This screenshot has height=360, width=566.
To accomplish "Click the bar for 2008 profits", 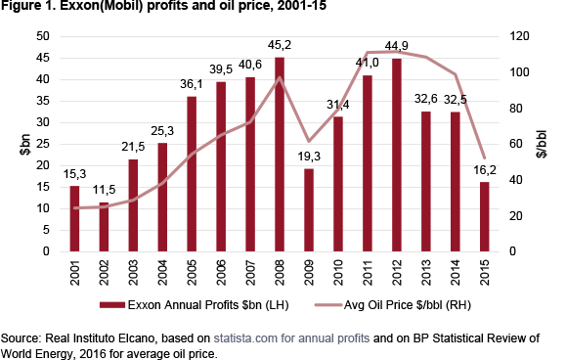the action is pos(280,155).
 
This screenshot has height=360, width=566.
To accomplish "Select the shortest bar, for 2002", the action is pos(104,227).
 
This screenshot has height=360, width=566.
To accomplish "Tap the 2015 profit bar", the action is pos(485,216).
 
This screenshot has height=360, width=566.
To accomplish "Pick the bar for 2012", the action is pos(396,155).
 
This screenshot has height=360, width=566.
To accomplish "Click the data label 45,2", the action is pos(280,45).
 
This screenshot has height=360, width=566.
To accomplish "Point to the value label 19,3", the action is pos(309,157).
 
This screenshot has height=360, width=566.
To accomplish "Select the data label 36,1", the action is pos(192,84).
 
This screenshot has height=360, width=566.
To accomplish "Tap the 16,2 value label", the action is pos(485,170).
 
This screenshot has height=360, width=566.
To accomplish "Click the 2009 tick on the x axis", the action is pos(309,273).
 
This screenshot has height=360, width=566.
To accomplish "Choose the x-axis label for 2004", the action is pos(162,273).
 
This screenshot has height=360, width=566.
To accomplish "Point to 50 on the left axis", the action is pos(43,36).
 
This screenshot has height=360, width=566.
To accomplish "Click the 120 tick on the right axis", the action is pos(519,36).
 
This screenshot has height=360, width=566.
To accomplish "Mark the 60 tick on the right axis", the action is pos(516,144).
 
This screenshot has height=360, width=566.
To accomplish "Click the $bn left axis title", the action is pos(25,145).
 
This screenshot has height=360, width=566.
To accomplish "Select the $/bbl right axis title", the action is pos(542,144).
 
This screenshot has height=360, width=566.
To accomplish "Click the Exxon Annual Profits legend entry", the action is pos(195,305).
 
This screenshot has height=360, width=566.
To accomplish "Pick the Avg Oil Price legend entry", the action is pos(393,305).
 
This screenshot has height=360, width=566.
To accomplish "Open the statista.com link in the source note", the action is pos(291,338).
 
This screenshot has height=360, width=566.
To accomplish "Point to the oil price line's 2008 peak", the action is pos(280,77).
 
